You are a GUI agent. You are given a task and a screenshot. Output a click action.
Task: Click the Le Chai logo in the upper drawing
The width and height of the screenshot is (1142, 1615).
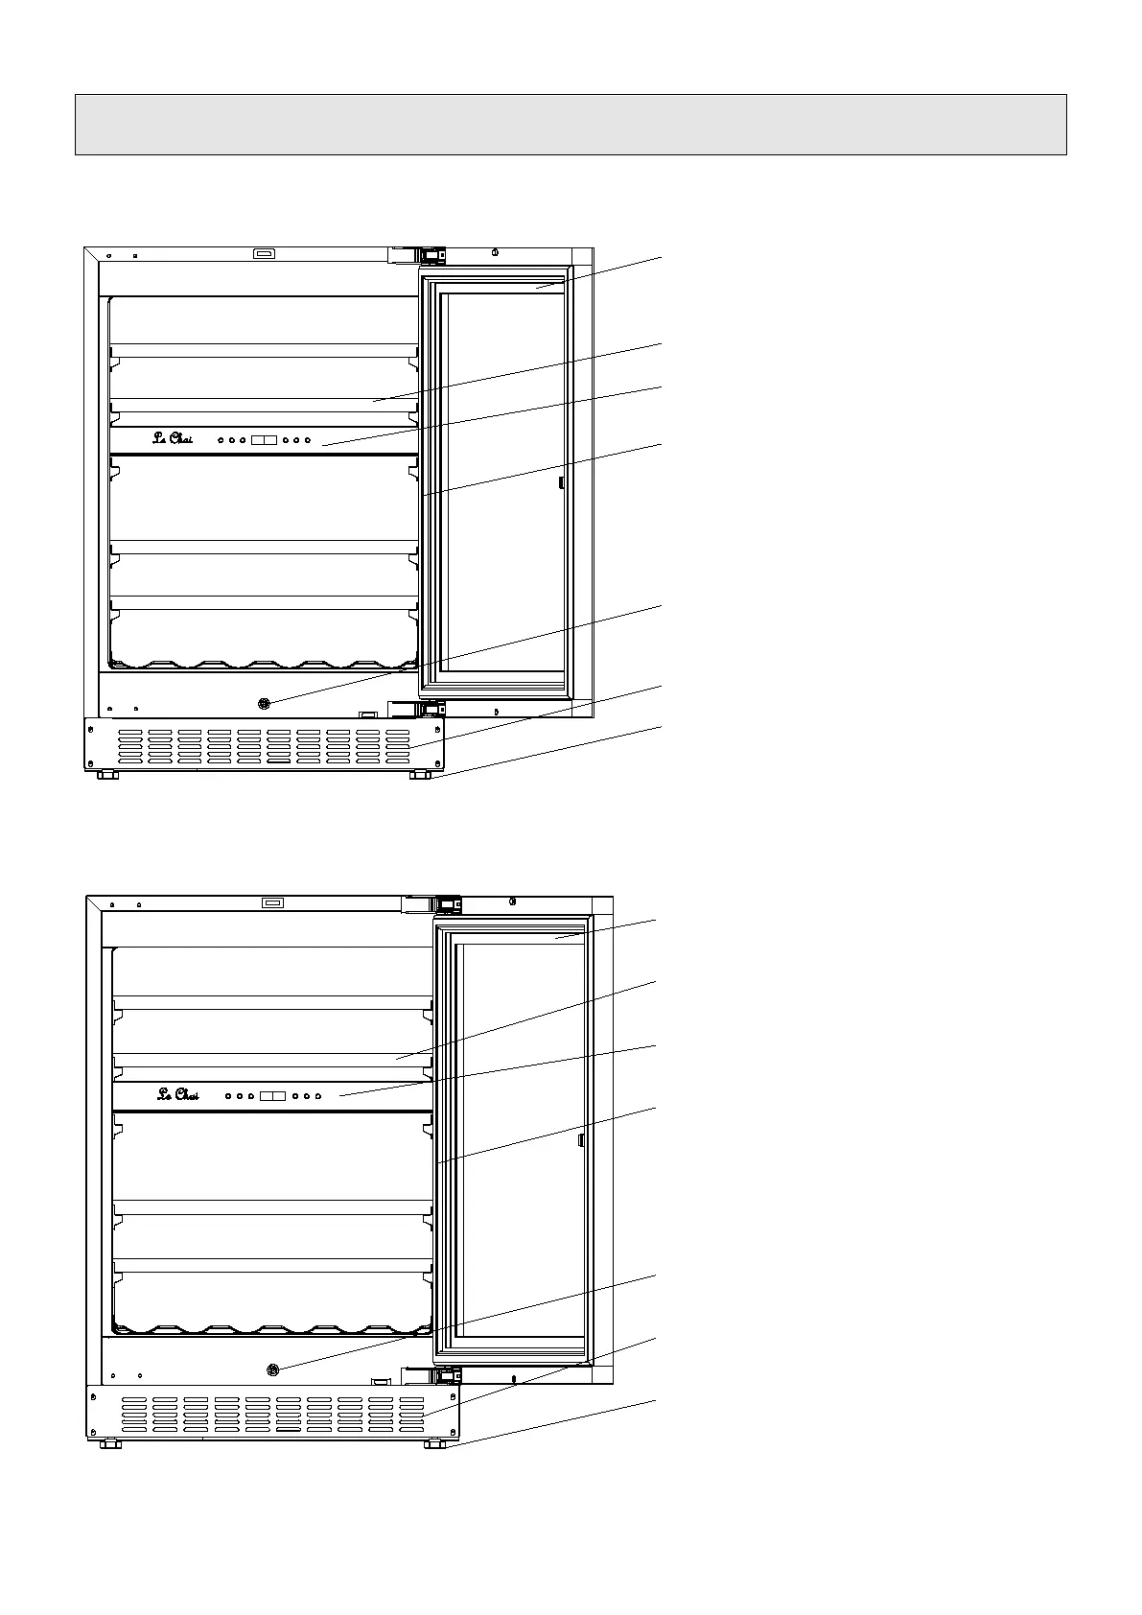click(174, 439)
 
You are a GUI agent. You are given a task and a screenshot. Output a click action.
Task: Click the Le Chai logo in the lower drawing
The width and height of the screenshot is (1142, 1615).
click(178, 1094)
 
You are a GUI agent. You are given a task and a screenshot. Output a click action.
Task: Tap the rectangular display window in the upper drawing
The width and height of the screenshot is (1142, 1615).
click(264, 440)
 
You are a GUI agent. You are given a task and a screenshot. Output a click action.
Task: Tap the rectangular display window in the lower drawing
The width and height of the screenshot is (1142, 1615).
click(272, 1095)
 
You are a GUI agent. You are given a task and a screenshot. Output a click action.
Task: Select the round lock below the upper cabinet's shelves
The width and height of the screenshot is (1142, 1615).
click(265, 704)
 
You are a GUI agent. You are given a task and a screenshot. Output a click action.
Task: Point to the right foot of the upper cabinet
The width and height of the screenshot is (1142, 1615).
click(419, 774)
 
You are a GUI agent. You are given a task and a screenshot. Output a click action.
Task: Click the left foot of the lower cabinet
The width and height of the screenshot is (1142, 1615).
click(110, 1443)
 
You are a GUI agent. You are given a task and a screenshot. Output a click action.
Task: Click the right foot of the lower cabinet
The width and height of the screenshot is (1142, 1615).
click(434, 1443)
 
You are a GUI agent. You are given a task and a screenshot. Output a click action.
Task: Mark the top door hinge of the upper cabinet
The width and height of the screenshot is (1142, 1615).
click(418, 255)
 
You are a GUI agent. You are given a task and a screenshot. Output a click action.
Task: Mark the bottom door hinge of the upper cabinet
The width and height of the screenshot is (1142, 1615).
click(418, 709)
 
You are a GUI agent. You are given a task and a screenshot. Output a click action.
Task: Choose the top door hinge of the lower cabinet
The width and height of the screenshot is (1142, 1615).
click(432, 904)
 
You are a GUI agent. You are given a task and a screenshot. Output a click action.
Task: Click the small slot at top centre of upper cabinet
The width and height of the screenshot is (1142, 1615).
click(264, 254)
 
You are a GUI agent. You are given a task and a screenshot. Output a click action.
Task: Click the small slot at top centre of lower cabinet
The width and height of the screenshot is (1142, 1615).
click(274, 902)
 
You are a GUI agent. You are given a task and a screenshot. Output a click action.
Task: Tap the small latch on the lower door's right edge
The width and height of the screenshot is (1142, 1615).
click(580, 1139)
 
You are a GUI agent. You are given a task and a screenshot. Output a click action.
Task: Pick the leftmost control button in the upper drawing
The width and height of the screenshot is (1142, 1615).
click(221, 440)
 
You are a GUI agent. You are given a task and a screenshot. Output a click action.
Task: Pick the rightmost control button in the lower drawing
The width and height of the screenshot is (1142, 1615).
click(317, 1095)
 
